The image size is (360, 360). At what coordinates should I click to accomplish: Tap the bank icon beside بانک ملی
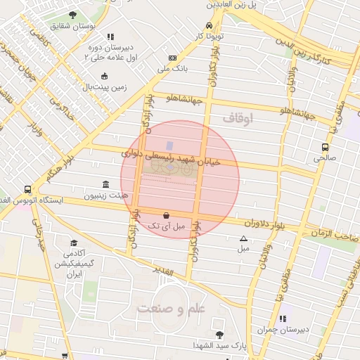click(x=172, y=58)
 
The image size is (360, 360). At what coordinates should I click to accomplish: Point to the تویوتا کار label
click(x=210, y=35)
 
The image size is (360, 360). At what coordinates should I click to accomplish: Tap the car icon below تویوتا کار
click(x=209, y=27)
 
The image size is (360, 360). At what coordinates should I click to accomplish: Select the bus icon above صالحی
click(x=325, y=147)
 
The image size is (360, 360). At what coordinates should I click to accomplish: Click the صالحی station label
click(x=325, y=158)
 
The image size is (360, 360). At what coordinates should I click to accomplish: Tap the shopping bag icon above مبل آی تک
click(x=165, y=215)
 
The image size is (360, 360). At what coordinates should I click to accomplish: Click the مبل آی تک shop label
click(x=165, y=226)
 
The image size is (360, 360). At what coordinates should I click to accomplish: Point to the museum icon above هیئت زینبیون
click(x=105, y=184)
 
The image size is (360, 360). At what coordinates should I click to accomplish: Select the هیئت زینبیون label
click(x=103, y=196)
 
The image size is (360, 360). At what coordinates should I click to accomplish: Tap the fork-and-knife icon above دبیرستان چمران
click(x=282, y=318)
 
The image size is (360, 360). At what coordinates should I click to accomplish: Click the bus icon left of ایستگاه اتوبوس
click(x=27, y=189)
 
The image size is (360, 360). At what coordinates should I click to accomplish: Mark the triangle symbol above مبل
click(x=243, y=238)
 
